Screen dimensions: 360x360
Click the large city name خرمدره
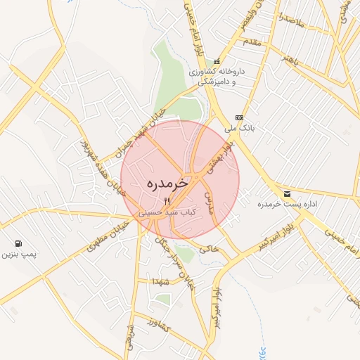168,183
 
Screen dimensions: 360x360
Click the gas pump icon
16,245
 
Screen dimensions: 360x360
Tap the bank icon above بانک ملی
240,117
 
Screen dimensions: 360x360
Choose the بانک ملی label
239,129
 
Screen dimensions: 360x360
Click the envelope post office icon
286,193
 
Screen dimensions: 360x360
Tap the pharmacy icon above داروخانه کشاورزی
218,61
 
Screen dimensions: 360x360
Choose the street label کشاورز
161,323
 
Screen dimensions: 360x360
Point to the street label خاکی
210,250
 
